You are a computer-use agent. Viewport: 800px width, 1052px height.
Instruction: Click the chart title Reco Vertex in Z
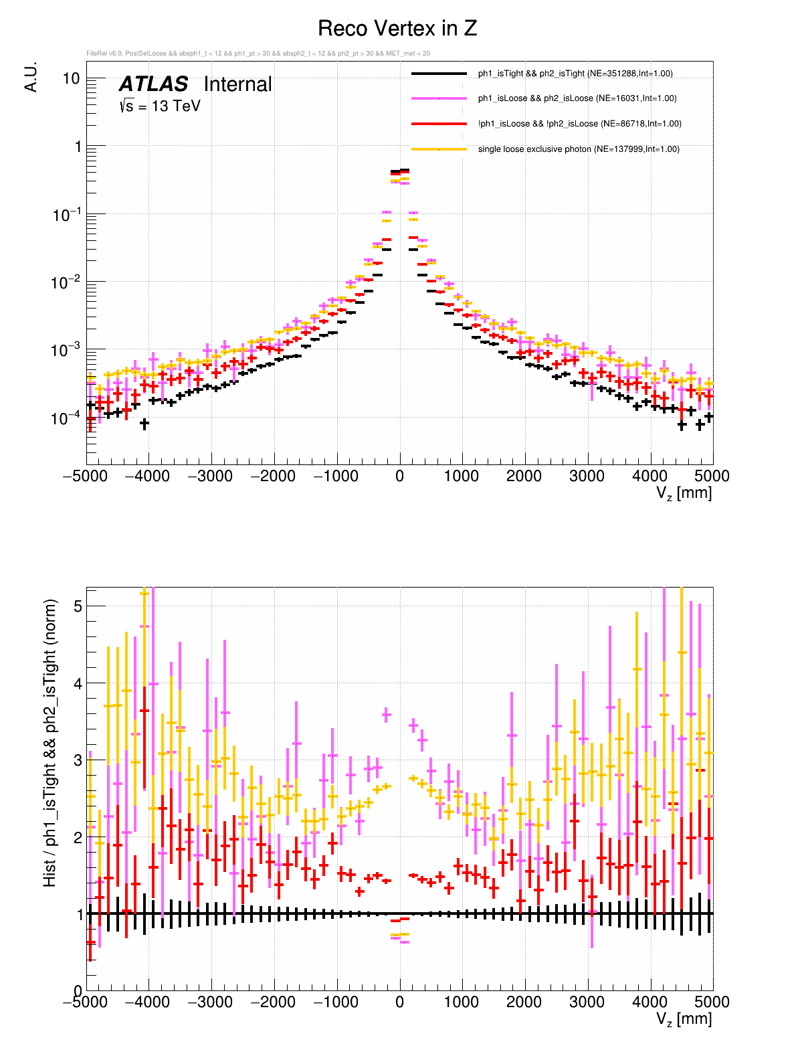point(397,29)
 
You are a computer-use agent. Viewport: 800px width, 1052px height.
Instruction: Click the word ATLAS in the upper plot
point(154,84)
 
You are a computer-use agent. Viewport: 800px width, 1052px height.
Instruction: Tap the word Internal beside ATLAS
point(237,84)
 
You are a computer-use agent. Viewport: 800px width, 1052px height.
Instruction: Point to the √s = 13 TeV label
point(160,106)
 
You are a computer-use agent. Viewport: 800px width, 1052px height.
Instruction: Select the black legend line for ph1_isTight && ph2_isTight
point(439,74)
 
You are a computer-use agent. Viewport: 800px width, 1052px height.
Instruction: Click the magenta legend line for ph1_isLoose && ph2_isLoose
point(439,98)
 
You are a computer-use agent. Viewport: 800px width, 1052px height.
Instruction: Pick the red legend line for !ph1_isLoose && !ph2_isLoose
point(439,124)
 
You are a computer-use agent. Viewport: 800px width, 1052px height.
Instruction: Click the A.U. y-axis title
point(31,77)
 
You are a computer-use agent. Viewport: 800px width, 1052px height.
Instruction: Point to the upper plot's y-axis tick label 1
point(76,147)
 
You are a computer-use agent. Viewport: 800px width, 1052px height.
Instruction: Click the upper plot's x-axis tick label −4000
point(147,476)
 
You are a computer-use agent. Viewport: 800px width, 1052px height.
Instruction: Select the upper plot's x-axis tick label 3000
point(587,476)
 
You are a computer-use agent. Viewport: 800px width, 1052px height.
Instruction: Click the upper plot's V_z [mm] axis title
point(684,494)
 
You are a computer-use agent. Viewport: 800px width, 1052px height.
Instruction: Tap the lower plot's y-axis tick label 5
point(78,606)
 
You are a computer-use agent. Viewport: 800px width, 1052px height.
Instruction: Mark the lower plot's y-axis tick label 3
point(78,760)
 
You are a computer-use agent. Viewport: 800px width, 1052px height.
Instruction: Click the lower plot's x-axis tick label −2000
point(273,1002)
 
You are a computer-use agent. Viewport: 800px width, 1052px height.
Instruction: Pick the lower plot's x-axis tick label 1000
point(462,1002)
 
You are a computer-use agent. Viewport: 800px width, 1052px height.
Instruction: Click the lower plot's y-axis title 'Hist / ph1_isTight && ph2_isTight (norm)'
point(51,743)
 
